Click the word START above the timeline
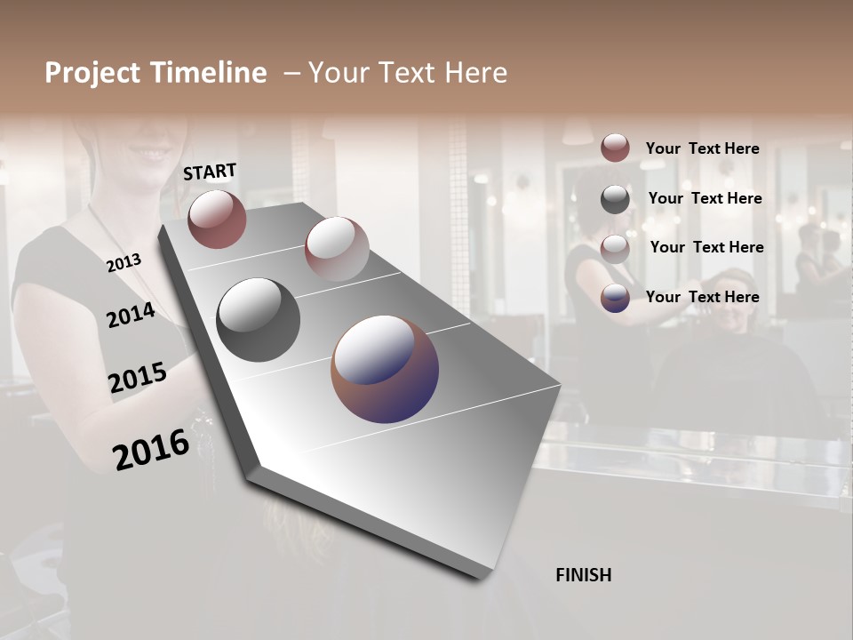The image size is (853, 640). tap(210, 172)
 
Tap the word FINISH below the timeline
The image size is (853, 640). tap(583, 575)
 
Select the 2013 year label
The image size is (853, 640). tap(124, 263)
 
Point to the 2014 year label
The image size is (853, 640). tap(131, 315)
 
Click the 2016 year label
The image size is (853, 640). tap(151, 449)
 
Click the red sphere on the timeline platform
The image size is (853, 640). tap(217, 219)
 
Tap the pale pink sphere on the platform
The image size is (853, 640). tap(337, 249)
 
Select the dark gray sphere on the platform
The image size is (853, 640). tap(258, 319)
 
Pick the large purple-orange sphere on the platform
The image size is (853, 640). tap(385, 369)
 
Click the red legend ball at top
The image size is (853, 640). tap(615, 148)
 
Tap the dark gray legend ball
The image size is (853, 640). tap(615, 198)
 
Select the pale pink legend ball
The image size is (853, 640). tap(615, 248)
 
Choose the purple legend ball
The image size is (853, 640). tap(615, 298)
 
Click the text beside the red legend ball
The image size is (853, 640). tap(702, 148)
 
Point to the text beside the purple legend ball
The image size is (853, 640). tap(702, 297)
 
